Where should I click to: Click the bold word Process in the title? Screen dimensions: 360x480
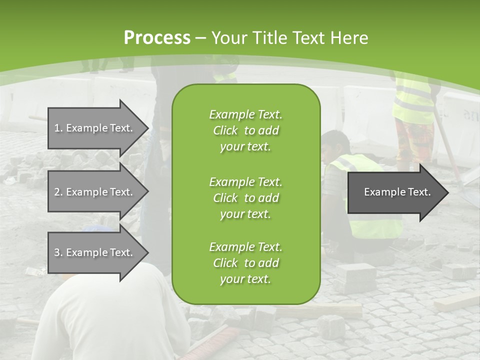[157, 38]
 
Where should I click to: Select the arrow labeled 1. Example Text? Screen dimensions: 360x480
[95, 128]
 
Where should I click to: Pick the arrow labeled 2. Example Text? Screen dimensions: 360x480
[95, 192]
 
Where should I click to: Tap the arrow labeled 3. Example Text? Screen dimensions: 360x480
[95, 252]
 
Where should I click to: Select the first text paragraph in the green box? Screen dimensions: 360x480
[245, 130]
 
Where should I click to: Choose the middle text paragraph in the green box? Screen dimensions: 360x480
[245, 197]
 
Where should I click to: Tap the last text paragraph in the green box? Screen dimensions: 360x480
[245, 263]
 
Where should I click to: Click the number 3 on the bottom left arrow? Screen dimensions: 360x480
[57, 252]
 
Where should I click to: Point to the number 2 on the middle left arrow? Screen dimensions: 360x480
[57, 192]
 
